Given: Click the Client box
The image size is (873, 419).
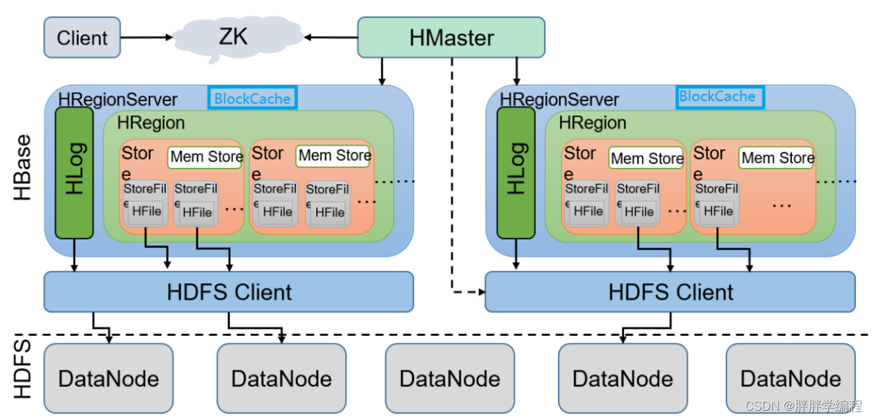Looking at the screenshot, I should [x=82, y=37].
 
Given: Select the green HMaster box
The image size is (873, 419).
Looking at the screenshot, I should [x=451, y=37].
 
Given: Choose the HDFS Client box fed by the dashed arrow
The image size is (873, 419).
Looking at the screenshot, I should [x=669, y=292].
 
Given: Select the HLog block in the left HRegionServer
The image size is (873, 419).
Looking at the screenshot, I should [x=74, y=172].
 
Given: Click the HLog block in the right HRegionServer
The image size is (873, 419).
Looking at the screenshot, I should [x=516, y=172].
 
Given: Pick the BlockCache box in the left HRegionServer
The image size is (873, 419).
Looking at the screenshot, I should [x=252, y=98].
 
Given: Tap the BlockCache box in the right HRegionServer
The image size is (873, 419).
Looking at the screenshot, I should [x=719, y=96].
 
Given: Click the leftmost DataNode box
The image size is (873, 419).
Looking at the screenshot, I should [x=108, y=378].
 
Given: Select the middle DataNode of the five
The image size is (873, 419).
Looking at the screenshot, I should [x=449, y=378].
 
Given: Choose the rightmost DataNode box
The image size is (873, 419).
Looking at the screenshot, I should [x=790, y=378].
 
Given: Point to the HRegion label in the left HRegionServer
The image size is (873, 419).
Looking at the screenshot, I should [x=151, y=124].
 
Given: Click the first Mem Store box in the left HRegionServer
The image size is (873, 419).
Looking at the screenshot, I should [x=205, y=157].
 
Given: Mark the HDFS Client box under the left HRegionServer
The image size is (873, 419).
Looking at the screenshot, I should [x=228, y=292].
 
